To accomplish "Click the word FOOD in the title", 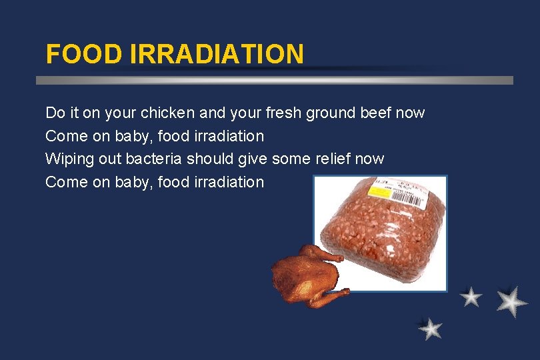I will coord(83,53).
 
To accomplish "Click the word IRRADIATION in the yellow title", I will coord(217,53).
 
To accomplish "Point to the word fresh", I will coord(282,113).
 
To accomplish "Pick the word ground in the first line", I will coord(330,113).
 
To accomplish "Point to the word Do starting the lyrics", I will coord(54,113).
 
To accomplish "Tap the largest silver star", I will coord(512,301).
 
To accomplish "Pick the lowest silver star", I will coord(430,328).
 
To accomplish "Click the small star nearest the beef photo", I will coord(471,297).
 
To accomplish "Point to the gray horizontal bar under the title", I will coord(274,80).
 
